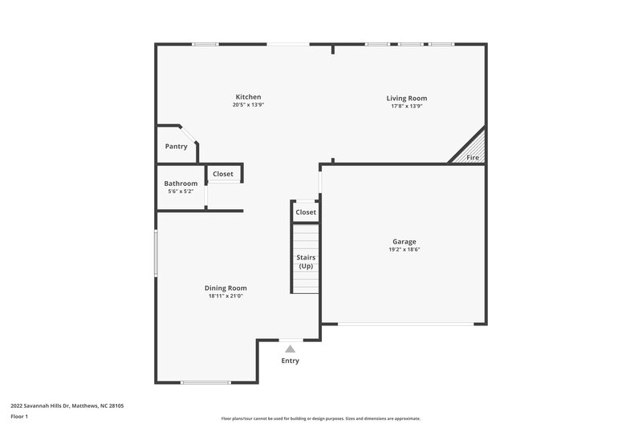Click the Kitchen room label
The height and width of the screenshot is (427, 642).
[248, 97]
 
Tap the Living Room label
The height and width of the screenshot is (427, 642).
[406, 98]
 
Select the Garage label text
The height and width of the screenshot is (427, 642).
[404, 241]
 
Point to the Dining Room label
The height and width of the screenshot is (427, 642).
[226, 288]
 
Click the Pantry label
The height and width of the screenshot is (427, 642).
[176, 147]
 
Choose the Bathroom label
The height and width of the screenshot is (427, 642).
[181, 183]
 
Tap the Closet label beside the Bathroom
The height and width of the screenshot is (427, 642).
[223, 174]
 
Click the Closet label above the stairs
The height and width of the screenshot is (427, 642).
[306, 212]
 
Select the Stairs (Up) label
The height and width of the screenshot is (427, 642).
[306, 261]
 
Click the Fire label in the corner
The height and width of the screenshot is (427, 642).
[473, 158]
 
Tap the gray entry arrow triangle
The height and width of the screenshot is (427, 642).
[290, 348]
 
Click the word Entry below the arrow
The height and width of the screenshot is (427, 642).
[290, 361]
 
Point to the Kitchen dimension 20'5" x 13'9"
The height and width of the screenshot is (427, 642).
[248, 106]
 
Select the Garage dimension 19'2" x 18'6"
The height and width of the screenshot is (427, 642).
[405, 249]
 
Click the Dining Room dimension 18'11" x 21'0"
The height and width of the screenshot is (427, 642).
[226, 296]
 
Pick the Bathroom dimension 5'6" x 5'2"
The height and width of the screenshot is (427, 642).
[181, 191]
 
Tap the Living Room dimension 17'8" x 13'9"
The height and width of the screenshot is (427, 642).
[406, 106]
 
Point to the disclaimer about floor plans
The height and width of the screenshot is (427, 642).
[320, 418]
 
